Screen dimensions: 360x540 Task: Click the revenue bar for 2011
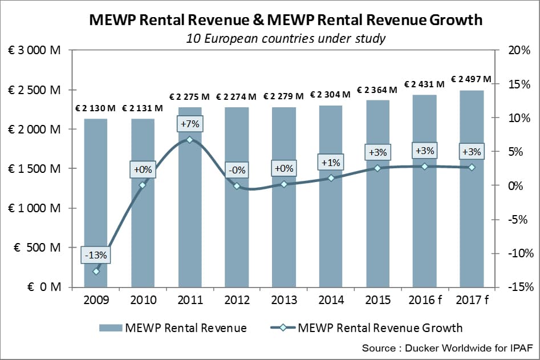[190, 217]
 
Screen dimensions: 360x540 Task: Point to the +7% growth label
[190, 124]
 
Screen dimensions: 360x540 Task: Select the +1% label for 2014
[331, 163]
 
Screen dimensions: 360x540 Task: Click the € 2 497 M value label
[471, 79]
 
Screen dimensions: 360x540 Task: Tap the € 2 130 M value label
[95, 108]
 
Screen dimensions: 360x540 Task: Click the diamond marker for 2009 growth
[96, 271]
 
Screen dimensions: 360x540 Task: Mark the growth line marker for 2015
[377, 168]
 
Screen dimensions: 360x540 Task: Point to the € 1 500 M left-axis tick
[35, 169]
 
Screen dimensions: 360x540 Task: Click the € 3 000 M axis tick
[35, 50]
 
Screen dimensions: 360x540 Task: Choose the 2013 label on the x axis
[283, 300]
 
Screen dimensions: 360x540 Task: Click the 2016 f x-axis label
[425, 300]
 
